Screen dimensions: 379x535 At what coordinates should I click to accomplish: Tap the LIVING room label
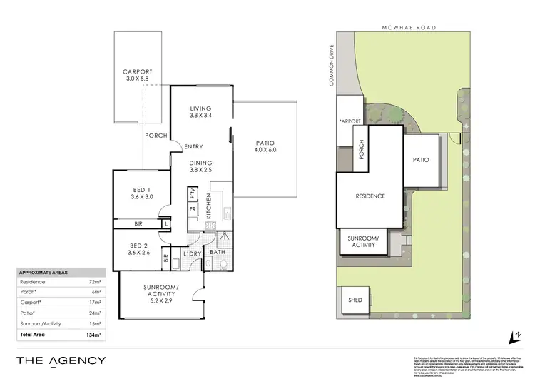coord(200,108)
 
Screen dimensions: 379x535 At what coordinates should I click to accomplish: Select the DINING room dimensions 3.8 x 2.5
coord(200,170)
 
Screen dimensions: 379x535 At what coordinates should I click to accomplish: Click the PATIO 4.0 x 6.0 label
coord(265,150)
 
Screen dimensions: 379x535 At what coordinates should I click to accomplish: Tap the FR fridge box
coord(193,209)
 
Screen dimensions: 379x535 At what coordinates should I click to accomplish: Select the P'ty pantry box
coord(193,193)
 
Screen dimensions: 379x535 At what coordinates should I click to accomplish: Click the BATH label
coord(218,252)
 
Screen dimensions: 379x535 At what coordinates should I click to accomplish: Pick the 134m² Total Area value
coord(93,334)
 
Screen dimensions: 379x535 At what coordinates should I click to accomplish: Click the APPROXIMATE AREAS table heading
coord(43,273)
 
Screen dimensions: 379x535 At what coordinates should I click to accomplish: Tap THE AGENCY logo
coord(61,360)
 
